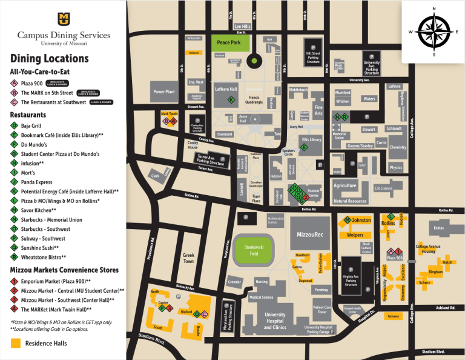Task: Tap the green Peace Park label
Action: (x=229, y=42)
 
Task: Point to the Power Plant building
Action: (x=163, y=92)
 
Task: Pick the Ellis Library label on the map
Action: (x=312, y=140)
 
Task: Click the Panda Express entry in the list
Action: (x=36, y=182)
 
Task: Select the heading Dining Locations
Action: (x=50, y=59)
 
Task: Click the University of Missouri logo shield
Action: (x=64, y=19)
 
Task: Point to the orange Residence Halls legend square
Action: (x=15, y=343)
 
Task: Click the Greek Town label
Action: (x=188, y=258)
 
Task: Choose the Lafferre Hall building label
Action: (x=226, y=90)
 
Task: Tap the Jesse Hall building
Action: (x=243, y=118)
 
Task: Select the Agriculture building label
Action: (x=345, y=185)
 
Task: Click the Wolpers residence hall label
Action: (x=355, y=235)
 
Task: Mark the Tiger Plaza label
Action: (x=256, y=198)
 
